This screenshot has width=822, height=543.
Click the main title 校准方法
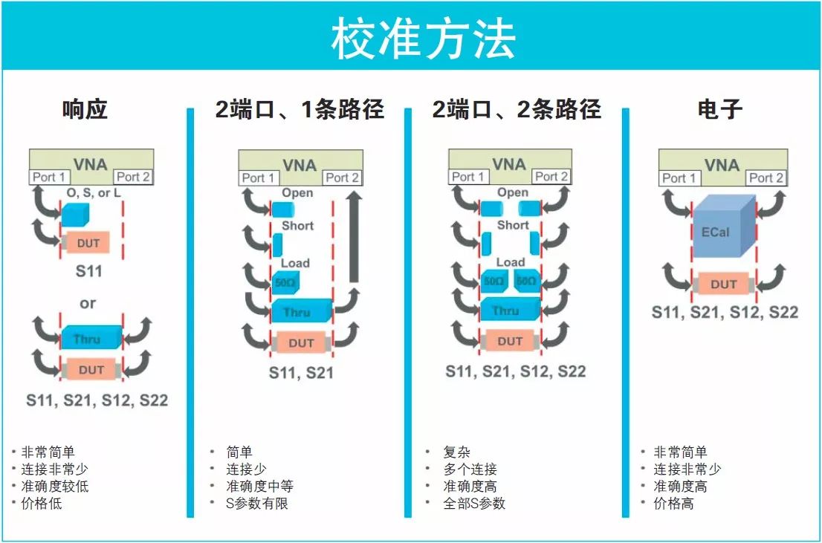tap(423, 39)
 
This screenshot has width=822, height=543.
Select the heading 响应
tap(85, 109)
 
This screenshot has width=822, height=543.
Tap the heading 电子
tap(719, 109)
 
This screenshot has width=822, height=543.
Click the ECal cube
tap(723, 226)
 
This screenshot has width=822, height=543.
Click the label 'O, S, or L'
tap(94, 193)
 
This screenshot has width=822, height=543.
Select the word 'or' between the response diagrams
tap(88, 303)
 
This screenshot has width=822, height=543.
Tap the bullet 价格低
tap(42, 504)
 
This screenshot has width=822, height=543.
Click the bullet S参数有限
tap(257, 503)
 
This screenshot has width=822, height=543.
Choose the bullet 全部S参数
tap(474, 503)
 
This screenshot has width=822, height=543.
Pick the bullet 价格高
tap(673, 504)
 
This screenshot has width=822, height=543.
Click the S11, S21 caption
tap(302, 373)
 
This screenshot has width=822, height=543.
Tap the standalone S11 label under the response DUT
tap(88, 271)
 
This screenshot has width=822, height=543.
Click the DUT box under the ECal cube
tap(723, 284)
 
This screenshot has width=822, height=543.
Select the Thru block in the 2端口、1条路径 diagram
tap(302, 310)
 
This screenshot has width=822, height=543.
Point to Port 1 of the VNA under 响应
tap(49, 177)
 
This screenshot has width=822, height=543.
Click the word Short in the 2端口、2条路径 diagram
tap(513, 225)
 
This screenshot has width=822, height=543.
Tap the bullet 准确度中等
tap(259, 486)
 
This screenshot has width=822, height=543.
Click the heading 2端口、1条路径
tap(300, 109)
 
